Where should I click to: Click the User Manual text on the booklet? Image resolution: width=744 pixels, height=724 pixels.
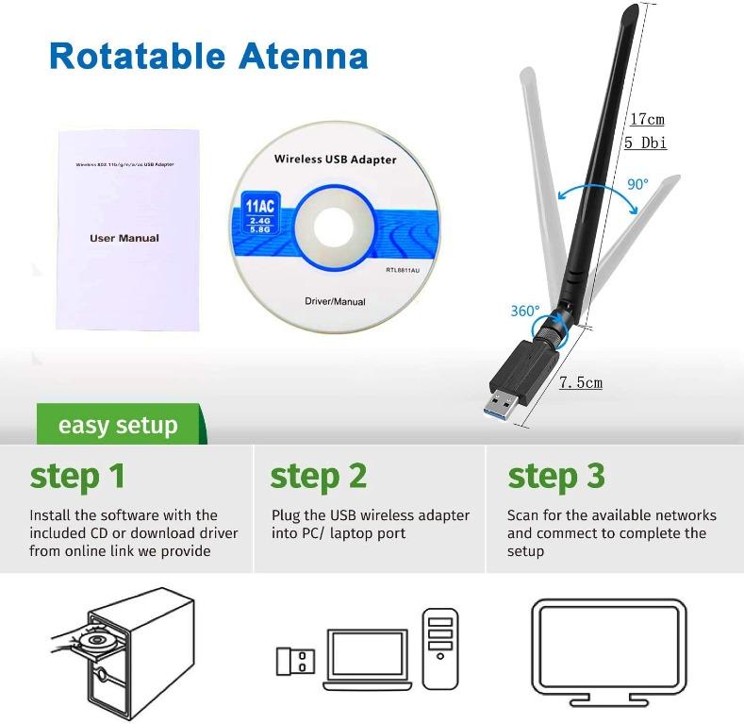(124, 238)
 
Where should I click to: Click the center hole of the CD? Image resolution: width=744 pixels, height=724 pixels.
(336, 227)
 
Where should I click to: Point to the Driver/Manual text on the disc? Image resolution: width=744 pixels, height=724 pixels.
(335, 302)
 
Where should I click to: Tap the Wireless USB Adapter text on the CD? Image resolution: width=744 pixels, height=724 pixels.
(335, 160)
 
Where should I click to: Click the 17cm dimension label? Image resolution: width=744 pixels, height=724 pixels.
(647, 119)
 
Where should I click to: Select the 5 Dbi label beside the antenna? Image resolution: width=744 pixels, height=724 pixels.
(646, 143)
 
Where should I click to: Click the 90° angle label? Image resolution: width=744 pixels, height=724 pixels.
(637, 184)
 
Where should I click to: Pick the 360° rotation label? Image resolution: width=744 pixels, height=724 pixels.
(524, 311)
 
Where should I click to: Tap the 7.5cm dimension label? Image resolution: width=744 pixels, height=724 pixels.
(580, 382)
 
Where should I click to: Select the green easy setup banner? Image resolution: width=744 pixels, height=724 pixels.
(118, 425)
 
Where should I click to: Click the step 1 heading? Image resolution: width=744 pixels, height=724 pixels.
(77, 476)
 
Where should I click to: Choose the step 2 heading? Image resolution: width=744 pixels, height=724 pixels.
(318, 476)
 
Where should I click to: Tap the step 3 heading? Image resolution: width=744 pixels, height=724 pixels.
(556, 476)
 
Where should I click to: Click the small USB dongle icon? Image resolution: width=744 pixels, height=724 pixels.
(295, 660)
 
